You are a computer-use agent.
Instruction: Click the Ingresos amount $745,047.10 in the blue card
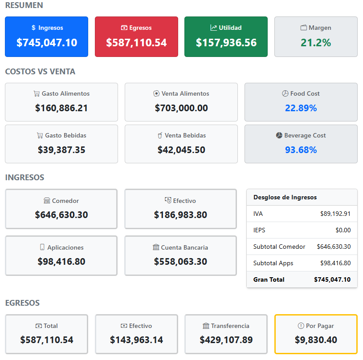click(x=46, y=43)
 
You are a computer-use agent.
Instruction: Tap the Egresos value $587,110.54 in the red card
click(x=136, y=43)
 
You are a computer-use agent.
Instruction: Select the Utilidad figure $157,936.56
click(x=226, y=43)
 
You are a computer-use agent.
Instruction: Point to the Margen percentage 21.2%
click(x=316, y=43)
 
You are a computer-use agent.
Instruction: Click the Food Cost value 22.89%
click(x=301, y=108)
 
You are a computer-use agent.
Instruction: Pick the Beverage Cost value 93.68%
click(x=301, y=150)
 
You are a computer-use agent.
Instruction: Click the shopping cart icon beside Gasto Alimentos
click(x=37, y=94)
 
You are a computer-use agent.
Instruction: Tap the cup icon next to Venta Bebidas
click(x=160, y=135)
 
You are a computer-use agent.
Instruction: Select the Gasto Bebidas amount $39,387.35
click(x=61, y=150)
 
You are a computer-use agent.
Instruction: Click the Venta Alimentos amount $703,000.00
click(x=181, y=108)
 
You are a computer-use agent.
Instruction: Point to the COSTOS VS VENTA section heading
click(x=40, y=72)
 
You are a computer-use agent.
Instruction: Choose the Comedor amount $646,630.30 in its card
click(x=61, y=214)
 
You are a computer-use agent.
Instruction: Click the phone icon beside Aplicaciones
click(x=42, y=247)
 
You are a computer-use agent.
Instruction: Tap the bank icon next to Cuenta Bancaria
click(x=156, y=247)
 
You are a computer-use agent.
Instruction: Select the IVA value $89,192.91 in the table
click(x=335, y=214)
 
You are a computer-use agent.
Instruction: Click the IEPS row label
click(x=259, y=230)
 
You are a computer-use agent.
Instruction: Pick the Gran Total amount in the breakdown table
click(x=332, y=279)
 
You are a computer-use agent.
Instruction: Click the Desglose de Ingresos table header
click(x=285, y=197)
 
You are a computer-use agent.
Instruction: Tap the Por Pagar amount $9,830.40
click(x=316, y=340)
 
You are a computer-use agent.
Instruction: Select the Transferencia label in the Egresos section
click(x=230, y=326)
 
